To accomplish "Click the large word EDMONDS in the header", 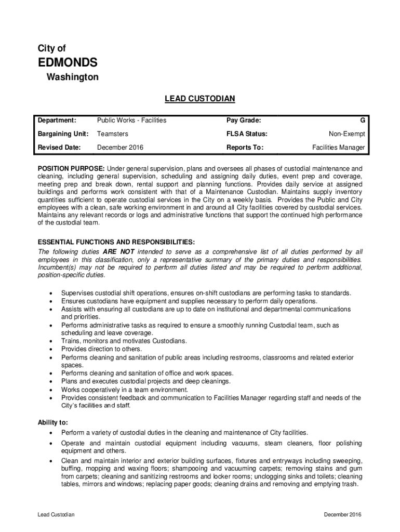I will [x=68, y=63].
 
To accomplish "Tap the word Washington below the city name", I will [x=73, y=77].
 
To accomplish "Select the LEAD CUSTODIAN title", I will [x=200, y=98].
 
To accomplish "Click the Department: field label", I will [x=57, y=121].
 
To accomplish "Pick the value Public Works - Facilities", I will [x=131, y=121].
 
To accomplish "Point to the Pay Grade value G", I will [x=362, y=121].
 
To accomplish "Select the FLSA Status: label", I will [x=247, y=134].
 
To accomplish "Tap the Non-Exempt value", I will [x=347, y=134].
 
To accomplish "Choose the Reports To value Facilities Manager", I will [x=338, y=148].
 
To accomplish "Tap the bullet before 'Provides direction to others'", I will [x=50, y=350].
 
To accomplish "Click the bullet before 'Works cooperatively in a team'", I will [x=50, y=390].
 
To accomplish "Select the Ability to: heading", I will [x=52, y=423].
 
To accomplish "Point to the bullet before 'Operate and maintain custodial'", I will [x=50, y=444].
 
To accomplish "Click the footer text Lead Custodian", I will [x=56, y=515].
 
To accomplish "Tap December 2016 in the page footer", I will [x=342, y=515].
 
